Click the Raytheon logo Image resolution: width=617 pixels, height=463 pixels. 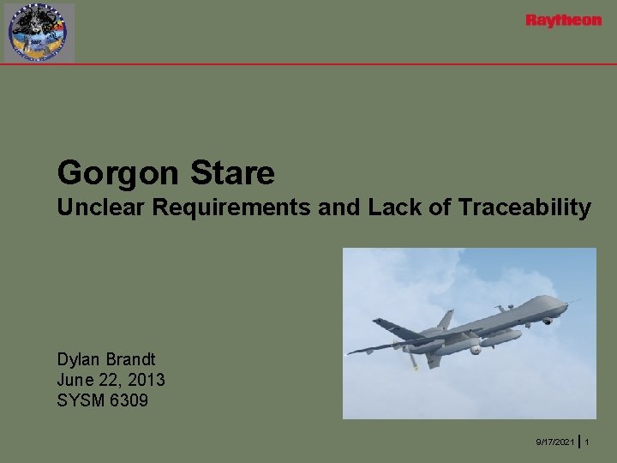coord(563,21)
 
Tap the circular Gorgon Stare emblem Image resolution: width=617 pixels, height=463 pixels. coord(39,33)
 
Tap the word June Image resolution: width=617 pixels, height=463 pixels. coord(75,379)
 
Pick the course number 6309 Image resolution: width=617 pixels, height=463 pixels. coord(127,399)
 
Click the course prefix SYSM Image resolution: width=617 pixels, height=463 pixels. coord(80,399)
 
